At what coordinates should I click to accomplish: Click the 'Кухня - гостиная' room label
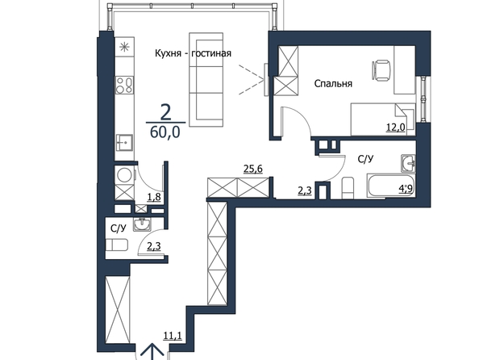pos(193,53)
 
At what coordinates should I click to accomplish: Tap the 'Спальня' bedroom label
pos(333,83)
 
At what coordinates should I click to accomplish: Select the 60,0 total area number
pos(165,132)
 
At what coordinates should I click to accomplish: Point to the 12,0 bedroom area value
pos(396,127)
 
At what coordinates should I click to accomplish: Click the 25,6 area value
pos(253,169)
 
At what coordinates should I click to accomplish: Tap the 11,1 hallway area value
pos(173,336)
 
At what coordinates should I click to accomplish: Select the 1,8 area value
pos(154,197)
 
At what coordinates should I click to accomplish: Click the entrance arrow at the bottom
pos(152,352)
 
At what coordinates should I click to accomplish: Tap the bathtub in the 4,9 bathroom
pos(391,186)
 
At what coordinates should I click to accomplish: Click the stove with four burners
pos(124,85)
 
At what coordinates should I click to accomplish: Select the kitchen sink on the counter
pos(124,143)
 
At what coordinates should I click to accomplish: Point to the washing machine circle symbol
pos(125,176)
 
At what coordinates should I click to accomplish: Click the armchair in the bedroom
pos(381,70)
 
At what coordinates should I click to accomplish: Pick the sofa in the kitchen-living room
pos(206,80)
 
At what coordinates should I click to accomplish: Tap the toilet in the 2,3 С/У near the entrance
pos(117,245)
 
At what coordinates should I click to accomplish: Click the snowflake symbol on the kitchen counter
pos(124,47)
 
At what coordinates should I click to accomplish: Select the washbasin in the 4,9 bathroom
pos(408,163)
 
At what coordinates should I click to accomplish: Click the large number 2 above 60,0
pos(165,112)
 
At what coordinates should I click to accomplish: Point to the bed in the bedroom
pos(383,119)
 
